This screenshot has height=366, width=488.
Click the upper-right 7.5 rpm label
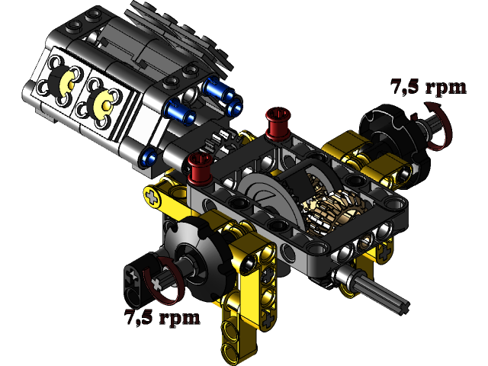(427, 87)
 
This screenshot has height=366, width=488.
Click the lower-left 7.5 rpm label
(162, 316)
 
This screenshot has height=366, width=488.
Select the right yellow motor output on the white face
(102, 101)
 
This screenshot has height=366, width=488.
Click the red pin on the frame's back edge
(275, 120)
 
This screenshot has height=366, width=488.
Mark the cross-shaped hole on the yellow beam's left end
(156, 197)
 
